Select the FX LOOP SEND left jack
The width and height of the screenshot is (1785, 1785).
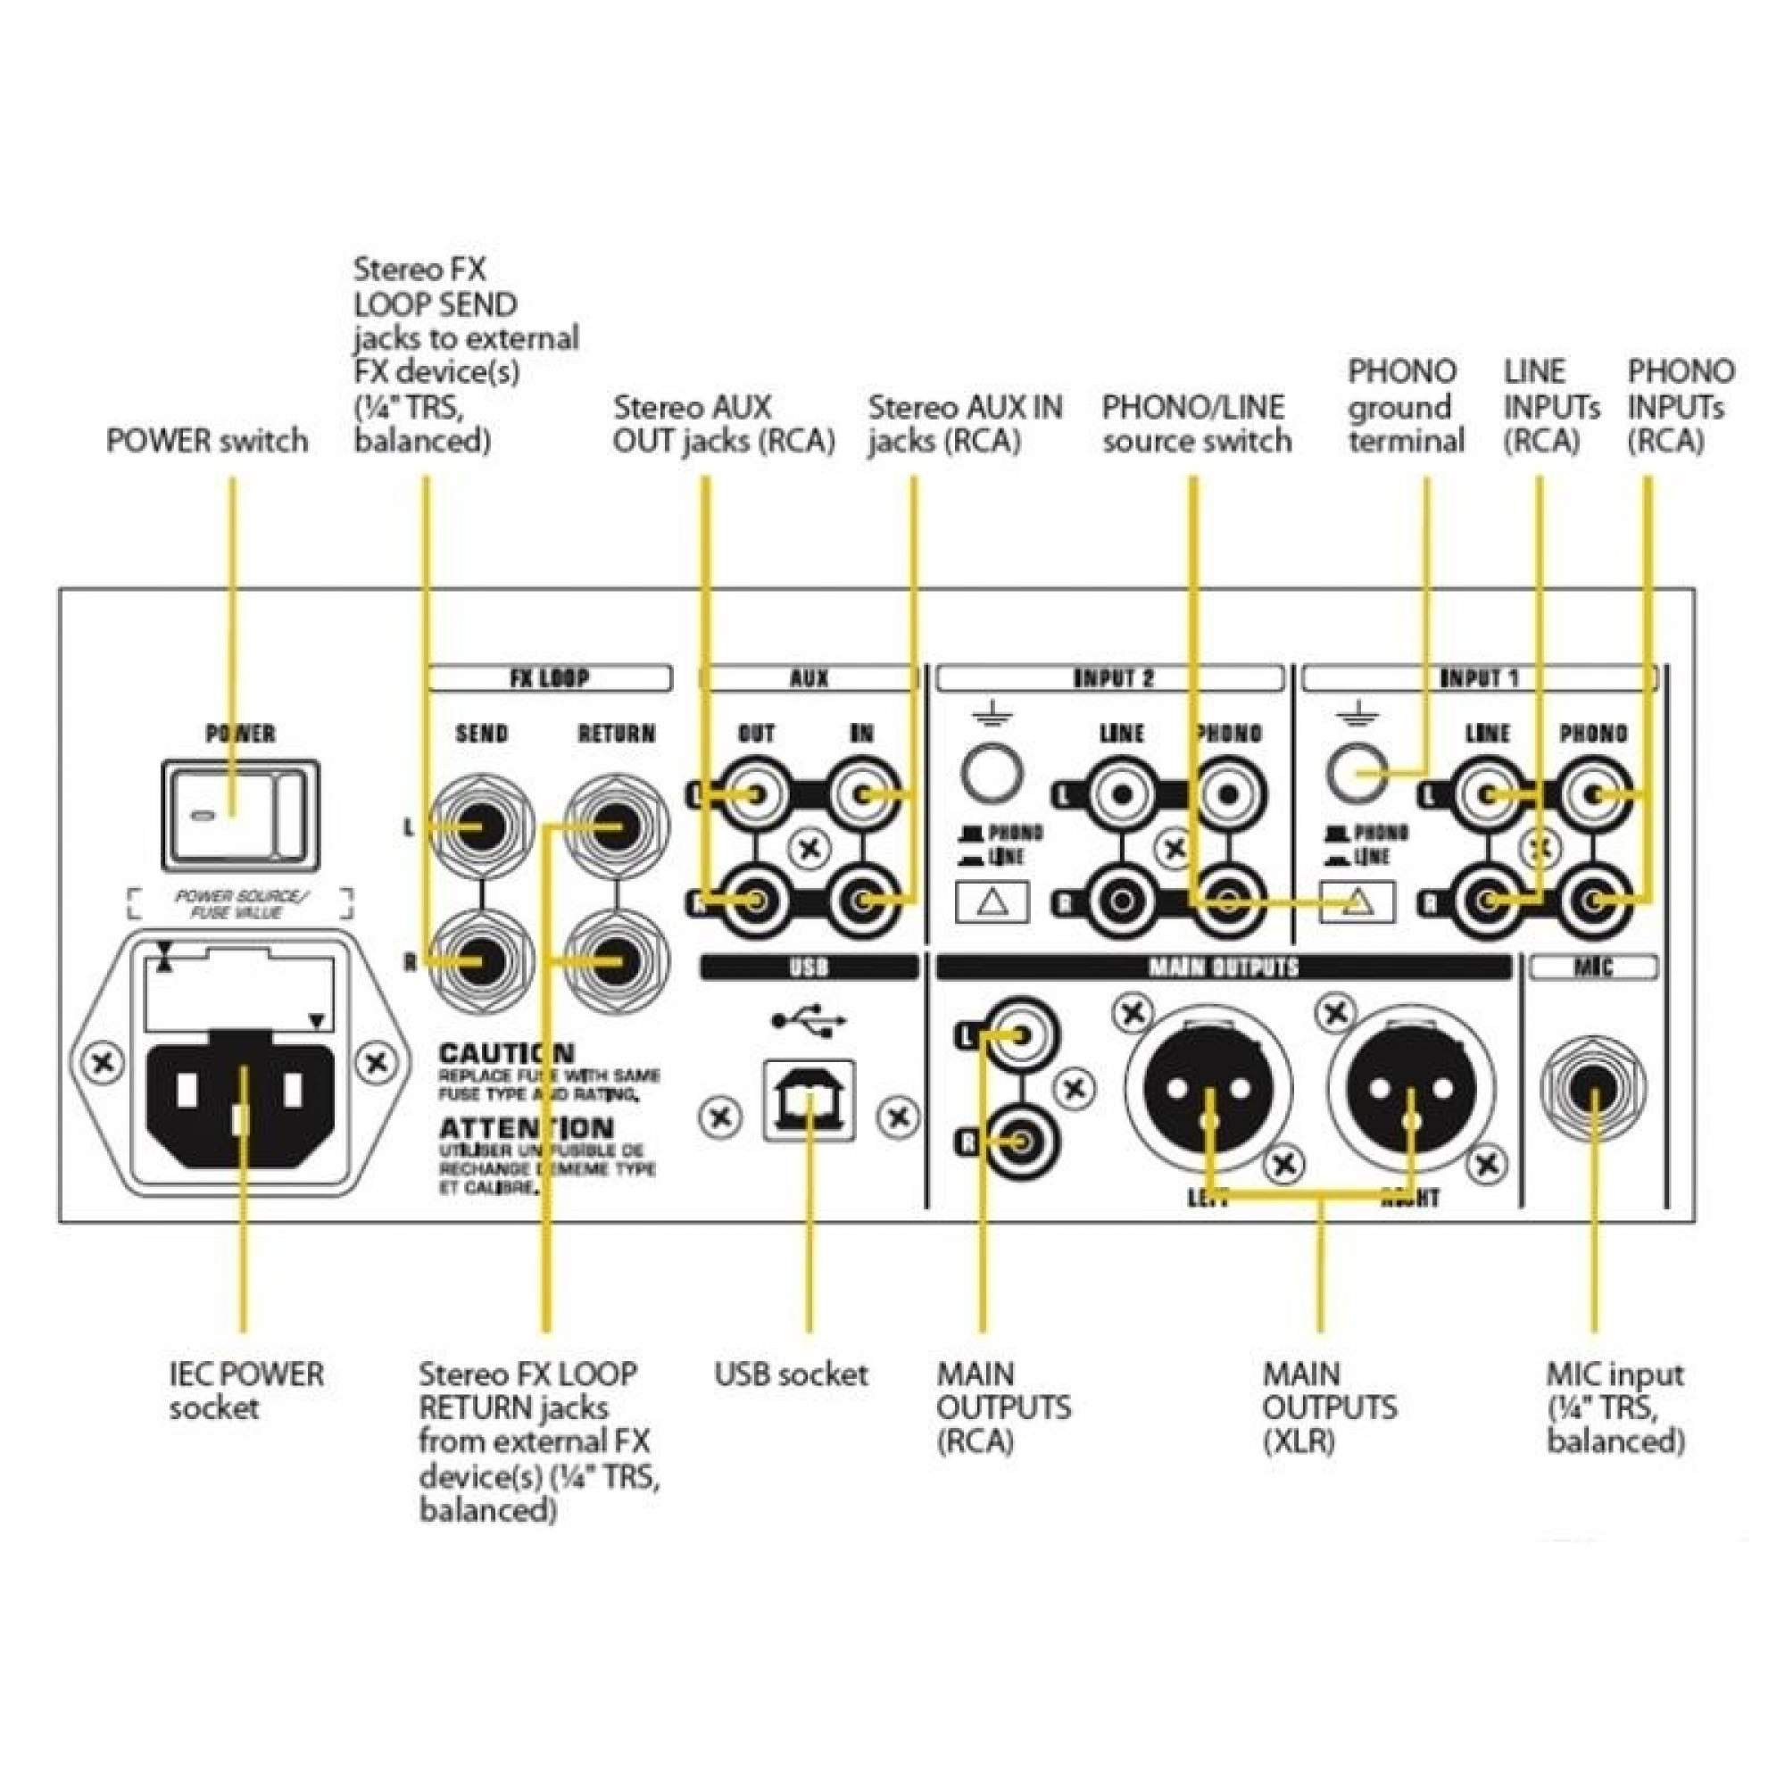pos(481,827)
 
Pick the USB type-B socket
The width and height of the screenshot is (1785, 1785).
pos(809,1100)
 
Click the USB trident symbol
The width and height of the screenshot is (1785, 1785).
pos(809,1020)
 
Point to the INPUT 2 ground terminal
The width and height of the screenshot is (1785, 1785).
pos(992,772)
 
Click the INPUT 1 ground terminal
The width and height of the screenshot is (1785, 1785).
pos(1357,772)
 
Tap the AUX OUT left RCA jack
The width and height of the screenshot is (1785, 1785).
pos(756,793)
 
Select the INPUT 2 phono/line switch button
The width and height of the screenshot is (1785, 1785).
pos(992,901)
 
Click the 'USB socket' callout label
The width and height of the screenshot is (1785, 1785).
pos(791,1374)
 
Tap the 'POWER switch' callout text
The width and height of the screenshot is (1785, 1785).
pos(207,441)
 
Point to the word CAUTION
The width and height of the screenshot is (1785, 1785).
pos(506,1052)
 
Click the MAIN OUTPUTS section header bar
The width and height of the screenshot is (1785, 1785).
pos(1224,967)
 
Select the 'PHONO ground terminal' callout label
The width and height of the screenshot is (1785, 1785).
pos(1406,406)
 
